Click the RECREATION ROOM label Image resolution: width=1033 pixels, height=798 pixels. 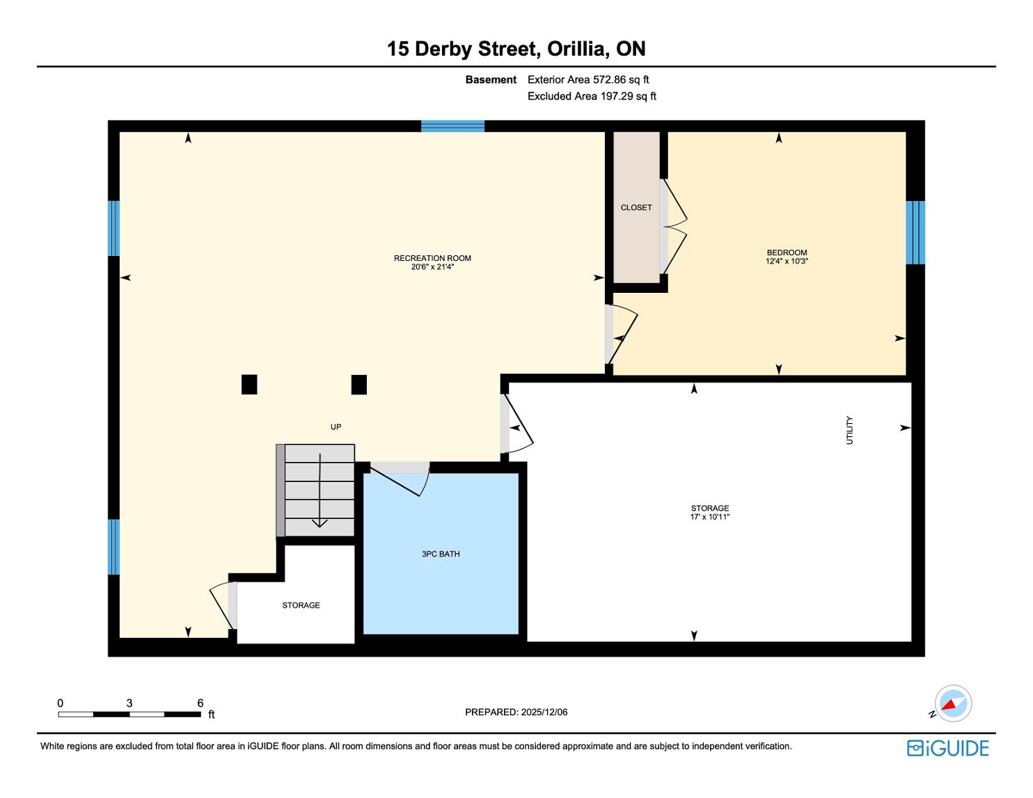pos(432,258)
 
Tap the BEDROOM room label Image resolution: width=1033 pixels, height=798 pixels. pos(787,253)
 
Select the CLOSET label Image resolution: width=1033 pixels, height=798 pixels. pos(636,207)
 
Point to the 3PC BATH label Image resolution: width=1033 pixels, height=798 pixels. pos(441,554)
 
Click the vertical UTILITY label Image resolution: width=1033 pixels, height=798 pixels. pos(849,431)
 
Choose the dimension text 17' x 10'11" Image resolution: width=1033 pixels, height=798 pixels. pos(710,517)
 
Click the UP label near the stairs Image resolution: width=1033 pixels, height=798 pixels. pos(336,427)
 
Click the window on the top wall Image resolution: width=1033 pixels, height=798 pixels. pos(452,127)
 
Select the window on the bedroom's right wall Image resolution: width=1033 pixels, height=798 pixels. pos(915,232)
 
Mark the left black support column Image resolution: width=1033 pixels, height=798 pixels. pos(249,384)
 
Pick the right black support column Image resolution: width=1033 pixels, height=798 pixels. pos(359,384)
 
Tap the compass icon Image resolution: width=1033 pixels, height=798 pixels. pos(953,703)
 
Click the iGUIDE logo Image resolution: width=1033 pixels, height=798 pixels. pos(948,749)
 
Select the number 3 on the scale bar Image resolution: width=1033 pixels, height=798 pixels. pos(129,703)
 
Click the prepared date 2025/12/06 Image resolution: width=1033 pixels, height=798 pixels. pos(544,712)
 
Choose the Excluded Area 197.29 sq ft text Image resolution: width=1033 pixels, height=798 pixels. pos(592,96)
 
